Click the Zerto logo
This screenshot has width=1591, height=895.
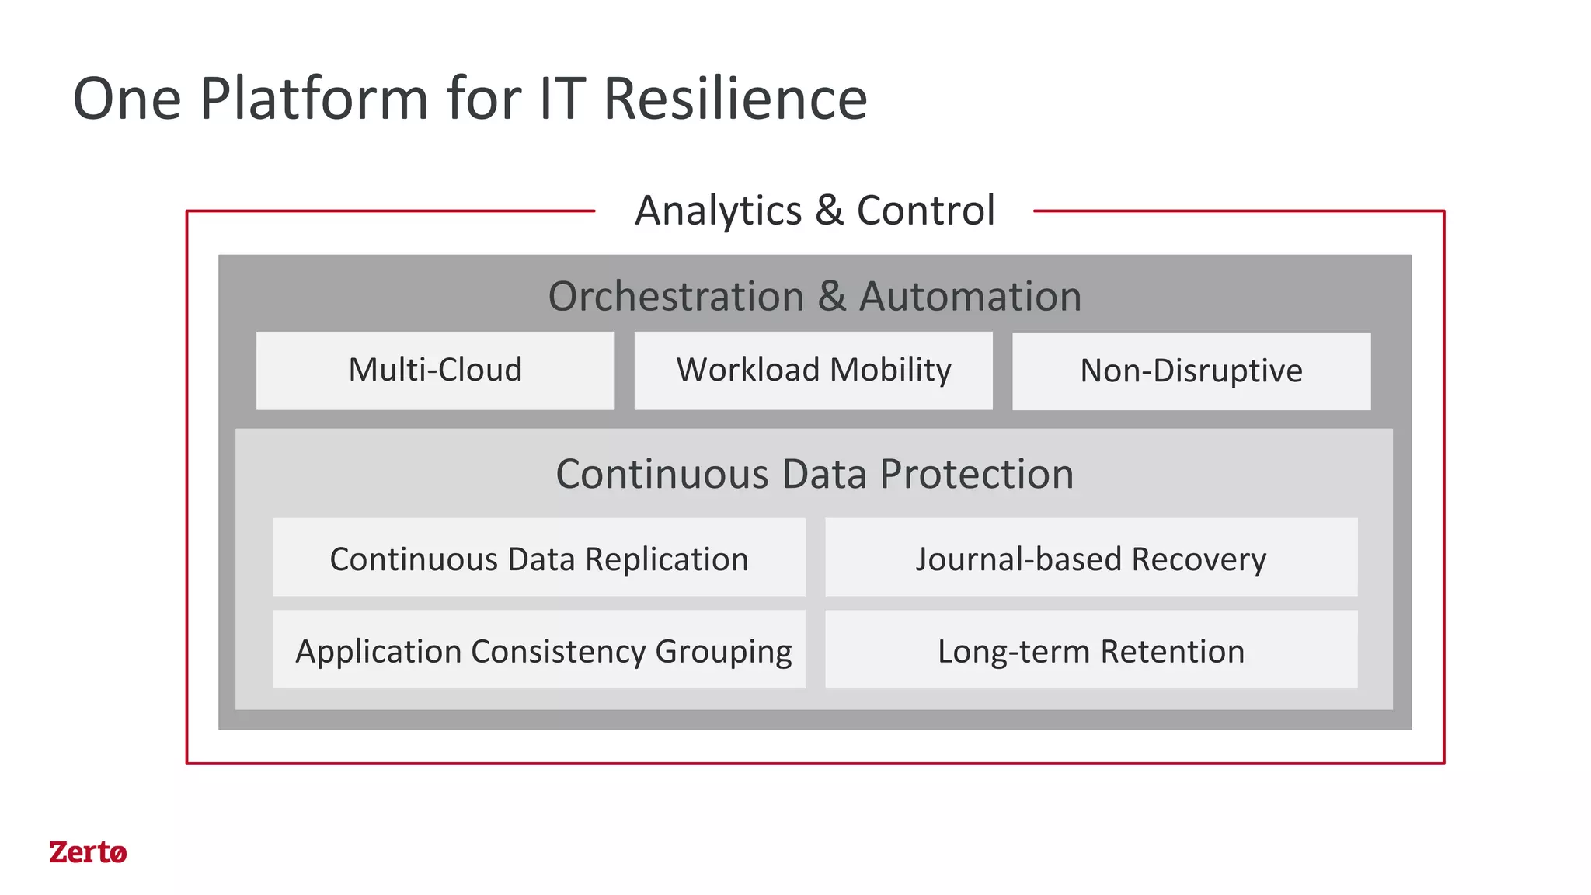click(88, 852)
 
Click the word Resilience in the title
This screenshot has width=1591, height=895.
click(735, 99)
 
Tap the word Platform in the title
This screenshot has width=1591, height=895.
click(314, 99)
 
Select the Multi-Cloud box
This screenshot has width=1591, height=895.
click(435, 371)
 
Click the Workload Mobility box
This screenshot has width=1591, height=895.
click(813, 371)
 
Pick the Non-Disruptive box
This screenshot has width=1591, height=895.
click(1191, 371)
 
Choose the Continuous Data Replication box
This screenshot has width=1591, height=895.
click(539, 558)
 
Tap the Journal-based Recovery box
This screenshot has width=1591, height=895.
click(1091, 558)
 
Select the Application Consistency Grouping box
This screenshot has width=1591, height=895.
click(539, 649)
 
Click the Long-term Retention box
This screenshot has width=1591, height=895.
click(1091, 649)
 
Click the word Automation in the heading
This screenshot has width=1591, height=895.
click(970, 296)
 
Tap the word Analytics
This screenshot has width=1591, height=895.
click(719, 211)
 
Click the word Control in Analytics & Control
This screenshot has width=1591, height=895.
click(925, 211)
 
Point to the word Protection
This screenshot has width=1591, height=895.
click(977, 474)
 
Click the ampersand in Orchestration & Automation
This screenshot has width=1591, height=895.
click(831, 296)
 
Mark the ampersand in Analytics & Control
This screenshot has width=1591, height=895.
click(829, 211)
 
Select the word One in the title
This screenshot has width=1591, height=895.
click(127, 99)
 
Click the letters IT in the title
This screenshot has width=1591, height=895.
click(560, 99)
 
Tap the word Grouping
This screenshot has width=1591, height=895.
click(723, 652)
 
